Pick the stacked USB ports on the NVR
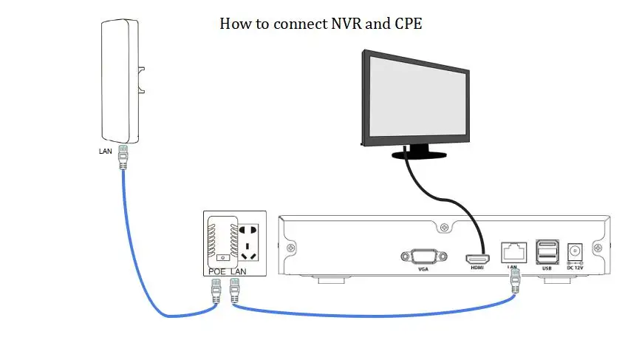[x=547, y=251]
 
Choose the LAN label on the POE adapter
[x=237, y=271]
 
